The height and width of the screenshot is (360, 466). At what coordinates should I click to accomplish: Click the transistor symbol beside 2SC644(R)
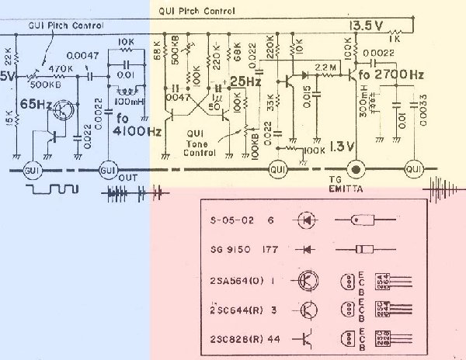(308, 309)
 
